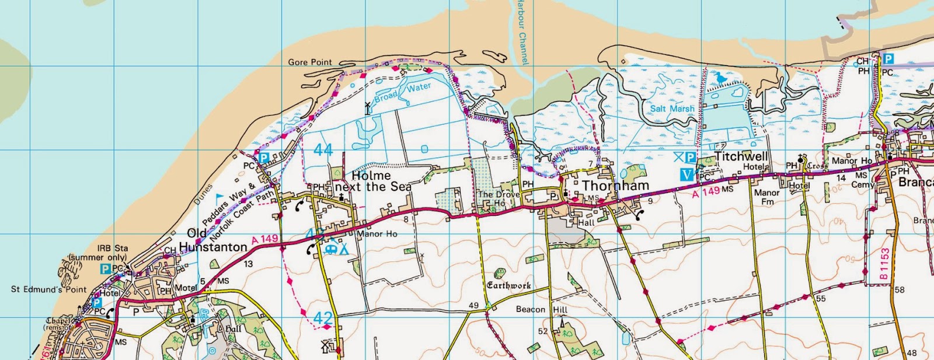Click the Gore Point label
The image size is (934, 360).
point(309,62)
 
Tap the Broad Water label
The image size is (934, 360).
point(402,92)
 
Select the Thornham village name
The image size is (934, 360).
point(615,186)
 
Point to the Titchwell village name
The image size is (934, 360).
point(741,156)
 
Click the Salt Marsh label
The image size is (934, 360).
point(672,109)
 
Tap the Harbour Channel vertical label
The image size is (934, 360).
point(522,32)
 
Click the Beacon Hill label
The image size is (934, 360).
point(541,309)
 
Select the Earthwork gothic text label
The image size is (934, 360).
point(509,285)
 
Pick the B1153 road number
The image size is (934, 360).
point(884,264)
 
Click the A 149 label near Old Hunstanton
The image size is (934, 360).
point(264,239)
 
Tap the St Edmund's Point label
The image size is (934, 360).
point(48,289)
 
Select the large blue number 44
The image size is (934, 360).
point(323,150)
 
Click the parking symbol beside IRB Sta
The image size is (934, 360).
point(105,269)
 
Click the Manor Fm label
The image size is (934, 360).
point(766,197)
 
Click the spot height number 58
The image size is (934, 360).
point(899,290)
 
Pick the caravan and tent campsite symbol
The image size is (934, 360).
point(337,249)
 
